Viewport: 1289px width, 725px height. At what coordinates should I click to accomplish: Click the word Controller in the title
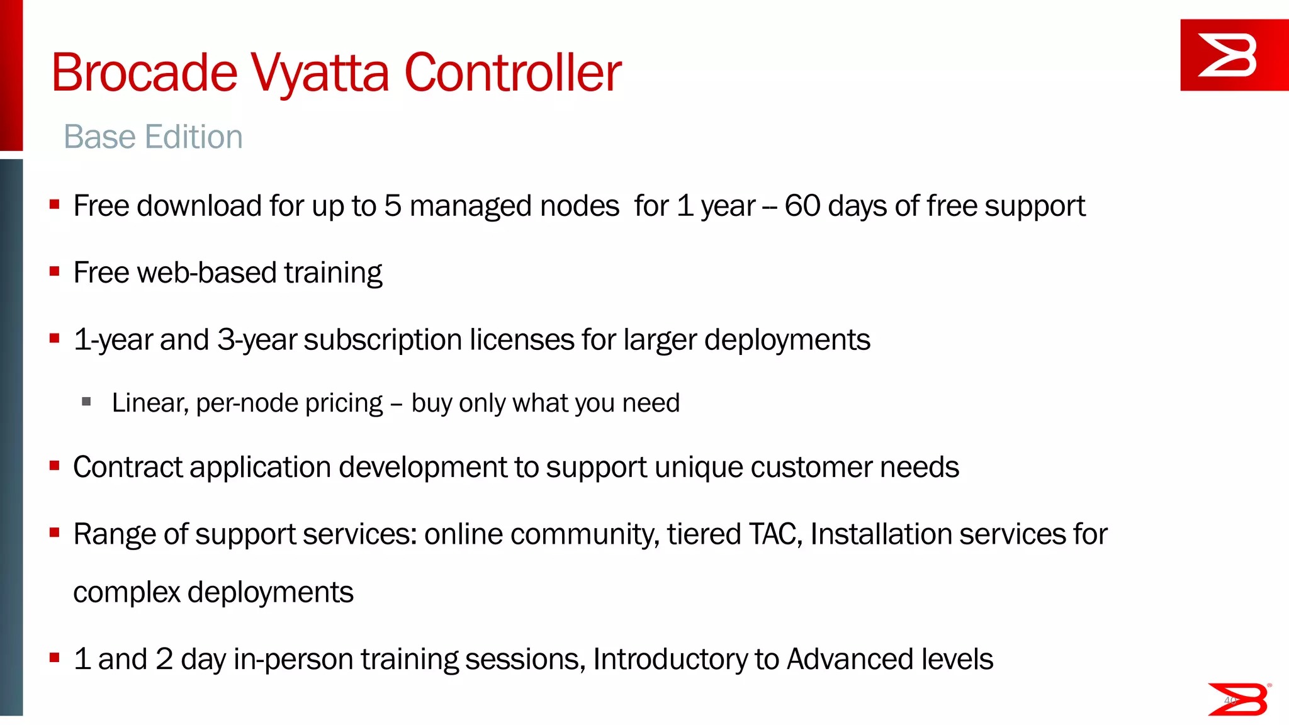[512, 73]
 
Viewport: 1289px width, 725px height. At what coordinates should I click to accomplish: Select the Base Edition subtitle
[153, 137]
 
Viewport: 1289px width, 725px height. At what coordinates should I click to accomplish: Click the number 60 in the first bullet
[802, 206]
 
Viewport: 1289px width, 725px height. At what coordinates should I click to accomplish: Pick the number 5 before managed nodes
[393, 206]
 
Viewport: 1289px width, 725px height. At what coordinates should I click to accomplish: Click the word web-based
[206, 273]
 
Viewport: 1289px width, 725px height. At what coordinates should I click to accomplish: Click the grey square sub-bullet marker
[87, 402]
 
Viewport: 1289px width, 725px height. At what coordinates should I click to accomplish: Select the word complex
[127, 593]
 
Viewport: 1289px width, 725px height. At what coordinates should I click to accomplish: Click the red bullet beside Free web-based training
[55, 271]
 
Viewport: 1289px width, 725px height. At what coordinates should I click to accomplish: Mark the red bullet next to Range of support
[55, 533]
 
